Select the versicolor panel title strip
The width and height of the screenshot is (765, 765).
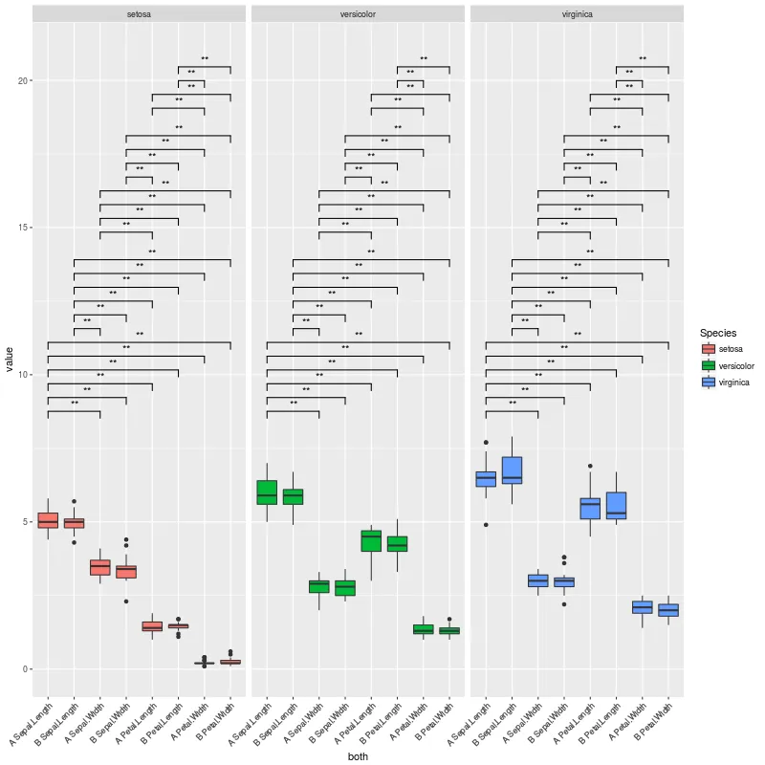pos(358,14)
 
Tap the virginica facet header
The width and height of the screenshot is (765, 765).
pos(577,14)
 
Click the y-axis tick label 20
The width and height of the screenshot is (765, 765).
pos(21,81)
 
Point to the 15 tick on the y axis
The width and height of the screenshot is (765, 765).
pos(21,228)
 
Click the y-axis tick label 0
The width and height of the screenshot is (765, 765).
pos(25,668)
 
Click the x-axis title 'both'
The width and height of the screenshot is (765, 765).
pos(358,755)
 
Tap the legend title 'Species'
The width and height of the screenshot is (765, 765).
pos(717,333)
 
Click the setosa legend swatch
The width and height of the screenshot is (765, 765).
pos(709,349)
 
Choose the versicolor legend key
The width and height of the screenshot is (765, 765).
pos(709,365)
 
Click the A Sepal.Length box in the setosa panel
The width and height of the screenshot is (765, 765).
pos(48,520)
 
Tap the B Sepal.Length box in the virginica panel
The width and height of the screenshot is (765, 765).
pos(512,470)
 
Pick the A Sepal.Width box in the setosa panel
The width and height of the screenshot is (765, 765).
pos(99,567)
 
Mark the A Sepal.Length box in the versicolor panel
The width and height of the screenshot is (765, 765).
pos(267,492)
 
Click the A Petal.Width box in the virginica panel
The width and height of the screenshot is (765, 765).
pos(642,607)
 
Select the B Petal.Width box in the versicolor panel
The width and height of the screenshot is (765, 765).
pos(449,631)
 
